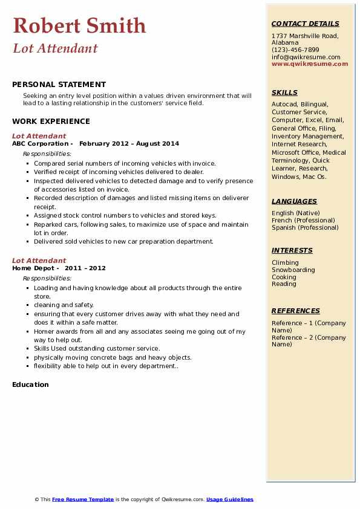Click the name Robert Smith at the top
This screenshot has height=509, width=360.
click(x=79, y=26)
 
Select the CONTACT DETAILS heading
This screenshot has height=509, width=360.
click(x=305, y=24)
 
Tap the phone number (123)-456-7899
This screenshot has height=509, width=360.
click(x=295, y=50)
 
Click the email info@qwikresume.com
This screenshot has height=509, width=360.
click(x=306, y=57)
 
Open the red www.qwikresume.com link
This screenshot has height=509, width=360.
click(x=310, y=63)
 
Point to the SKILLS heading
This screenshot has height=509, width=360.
click(x=284, y=92)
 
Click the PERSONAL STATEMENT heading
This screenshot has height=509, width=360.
click(x=59, y=85)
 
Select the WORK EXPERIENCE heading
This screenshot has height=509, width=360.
click(x=51, y=122)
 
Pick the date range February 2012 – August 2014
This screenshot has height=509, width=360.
click(x=129, y=144)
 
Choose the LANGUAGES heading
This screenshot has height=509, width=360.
click(x=294, y=201)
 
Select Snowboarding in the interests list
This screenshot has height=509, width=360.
click(x=293, y=270)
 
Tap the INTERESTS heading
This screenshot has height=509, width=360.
click(x=292, y=250)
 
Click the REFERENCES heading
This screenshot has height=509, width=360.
click(x=295, y=311)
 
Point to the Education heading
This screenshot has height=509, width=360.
click(x=30, y=384)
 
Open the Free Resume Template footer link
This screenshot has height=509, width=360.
click(x=83, y=499)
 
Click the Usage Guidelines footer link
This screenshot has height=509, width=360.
click(x=229, y=499)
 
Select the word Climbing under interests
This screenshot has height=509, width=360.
click(x=285, y=262)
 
